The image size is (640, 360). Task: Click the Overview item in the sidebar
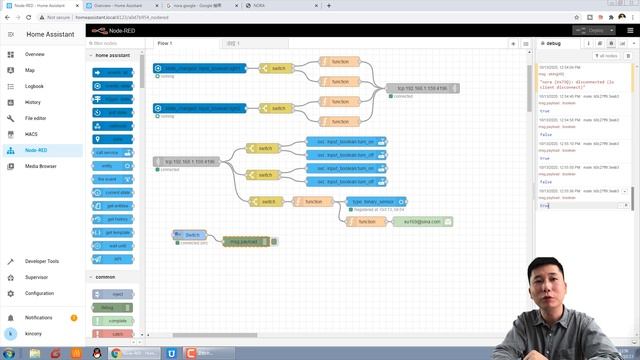pos(35,54)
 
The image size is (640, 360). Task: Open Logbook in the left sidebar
pos(35,86)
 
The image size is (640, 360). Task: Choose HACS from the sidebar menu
pos(32,134)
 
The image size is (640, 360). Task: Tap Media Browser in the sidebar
pos(41,166)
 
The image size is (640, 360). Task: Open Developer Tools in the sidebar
pos(42,261)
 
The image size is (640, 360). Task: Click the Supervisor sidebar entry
pos(36,277)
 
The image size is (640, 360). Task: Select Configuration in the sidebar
pos(40,293)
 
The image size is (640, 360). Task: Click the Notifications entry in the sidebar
pos(39,317)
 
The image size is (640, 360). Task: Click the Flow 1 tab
pos(165,44)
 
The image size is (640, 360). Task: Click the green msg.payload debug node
pos(244,241)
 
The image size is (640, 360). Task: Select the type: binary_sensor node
pos(372,201)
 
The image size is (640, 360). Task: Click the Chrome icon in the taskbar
pos(118,353)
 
